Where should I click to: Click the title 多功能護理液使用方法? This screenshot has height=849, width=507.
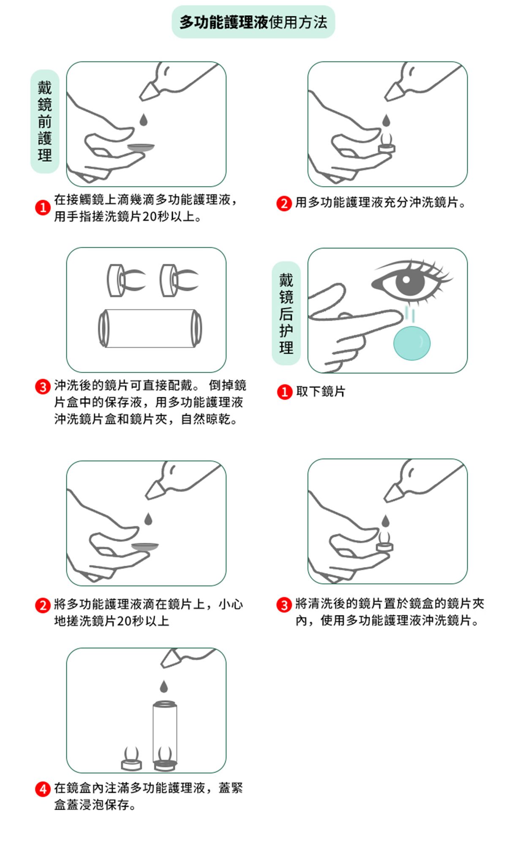[x=253, y=22]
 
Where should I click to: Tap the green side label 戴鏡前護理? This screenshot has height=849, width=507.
[x=45, y=122]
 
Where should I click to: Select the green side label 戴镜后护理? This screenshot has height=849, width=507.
[x=286, y=313]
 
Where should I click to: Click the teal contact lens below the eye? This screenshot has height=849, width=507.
[x=412, y=343]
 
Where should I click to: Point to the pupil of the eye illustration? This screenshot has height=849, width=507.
[x=406, y=280]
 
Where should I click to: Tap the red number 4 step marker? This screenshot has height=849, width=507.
[x=43, y=789]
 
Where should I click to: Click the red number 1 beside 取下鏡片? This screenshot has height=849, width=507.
[x=284, y=391]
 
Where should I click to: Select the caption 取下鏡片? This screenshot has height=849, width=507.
[x=321, y=391]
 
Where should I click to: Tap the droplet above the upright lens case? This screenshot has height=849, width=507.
[x=164, y=686]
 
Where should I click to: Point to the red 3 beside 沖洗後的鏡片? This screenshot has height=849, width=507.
[x=43, y=386]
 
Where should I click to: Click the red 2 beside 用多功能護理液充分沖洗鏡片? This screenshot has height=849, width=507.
[x=284, y=203]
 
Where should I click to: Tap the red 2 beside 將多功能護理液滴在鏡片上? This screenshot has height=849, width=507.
[x=43, y=605]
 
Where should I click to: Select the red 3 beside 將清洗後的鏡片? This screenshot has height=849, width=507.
[x=284, y=605]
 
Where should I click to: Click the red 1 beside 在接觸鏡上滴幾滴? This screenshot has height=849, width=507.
[x=43, y=208]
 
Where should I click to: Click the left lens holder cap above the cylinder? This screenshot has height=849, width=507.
[x=126, y=280]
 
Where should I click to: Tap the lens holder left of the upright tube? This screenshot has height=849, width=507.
[x=131, y=758]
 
